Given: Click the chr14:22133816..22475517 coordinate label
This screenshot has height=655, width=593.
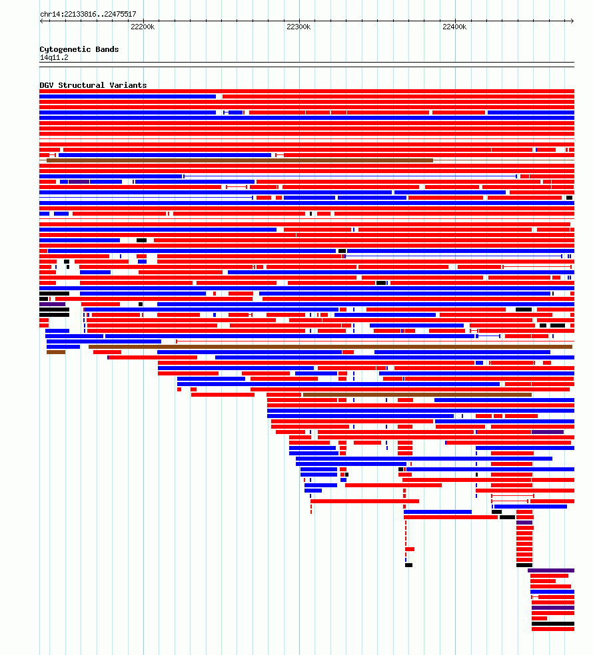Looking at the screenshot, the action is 88,14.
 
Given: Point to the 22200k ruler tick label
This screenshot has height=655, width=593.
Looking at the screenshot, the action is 143,27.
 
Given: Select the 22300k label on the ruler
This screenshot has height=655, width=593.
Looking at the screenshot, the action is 298,27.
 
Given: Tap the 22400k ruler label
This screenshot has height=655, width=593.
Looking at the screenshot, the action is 454,27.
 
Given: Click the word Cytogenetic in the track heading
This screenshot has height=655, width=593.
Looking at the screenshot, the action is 65,49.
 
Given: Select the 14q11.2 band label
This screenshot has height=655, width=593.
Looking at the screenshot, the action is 54,58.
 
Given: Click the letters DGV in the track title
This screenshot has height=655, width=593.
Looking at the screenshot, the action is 47,85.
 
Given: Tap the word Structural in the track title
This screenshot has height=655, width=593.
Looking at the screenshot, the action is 81,85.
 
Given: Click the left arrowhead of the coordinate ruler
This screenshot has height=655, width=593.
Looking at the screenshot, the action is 41,21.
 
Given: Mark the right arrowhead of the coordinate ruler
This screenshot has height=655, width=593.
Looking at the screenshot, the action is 572,21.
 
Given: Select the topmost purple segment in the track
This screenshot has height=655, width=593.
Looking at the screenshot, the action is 79,182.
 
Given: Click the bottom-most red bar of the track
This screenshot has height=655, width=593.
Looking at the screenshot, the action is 553,629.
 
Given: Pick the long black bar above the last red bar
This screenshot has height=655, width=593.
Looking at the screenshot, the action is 553,624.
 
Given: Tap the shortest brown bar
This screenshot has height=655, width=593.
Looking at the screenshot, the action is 56,352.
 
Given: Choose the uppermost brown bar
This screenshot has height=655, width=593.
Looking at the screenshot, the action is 240,160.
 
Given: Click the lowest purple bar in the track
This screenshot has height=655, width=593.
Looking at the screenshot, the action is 553,608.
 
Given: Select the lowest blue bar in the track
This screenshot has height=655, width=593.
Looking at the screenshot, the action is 552,592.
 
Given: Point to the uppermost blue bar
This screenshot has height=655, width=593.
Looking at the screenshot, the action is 127,97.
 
